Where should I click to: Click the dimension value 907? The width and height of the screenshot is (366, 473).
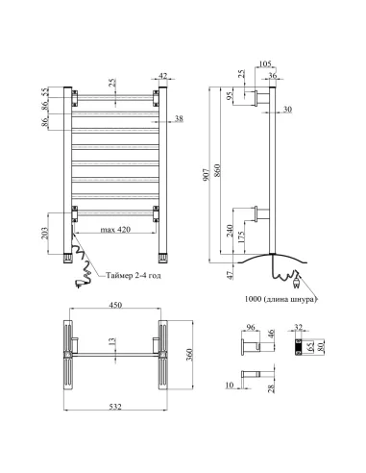(207, 175)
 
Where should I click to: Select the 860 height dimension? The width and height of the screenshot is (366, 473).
(217, 170)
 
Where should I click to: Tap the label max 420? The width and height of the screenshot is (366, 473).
(115, 230)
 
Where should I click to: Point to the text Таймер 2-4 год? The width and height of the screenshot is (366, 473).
(134, 275)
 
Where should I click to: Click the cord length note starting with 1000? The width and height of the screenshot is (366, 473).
(281, 299)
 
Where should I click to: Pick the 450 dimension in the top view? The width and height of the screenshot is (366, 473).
(115, 305)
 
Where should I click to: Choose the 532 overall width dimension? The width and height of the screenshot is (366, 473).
(115, 407)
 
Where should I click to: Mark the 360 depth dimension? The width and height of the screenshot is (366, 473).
(189, 355)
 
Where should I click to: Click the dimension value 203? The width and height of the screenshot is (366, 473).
(45, 234)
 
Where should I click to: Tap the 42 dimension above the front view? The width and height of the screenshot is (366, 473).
(163, 76)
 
